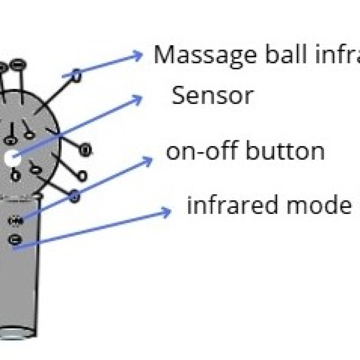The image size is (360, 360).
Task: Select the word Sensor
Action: click(x=212, y=96)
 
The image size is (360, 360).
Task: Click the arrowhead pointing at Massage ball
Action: click(x=137, y=55)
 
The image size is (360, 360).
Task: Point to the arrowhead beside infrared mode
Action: click(x=166, y=211)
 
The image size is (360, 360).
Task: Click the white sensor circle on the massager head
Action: click(x=10, y=159)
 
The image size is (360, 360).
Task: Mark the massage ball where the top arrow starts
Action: click(x=77, y=76)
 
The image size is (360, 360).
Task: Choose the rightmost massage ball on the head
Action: click(x=86, y=150)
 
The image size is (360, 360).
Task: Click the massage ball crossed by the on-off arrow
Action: click(x=75, y=195)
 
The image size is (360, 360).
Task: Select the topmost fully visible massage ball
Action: click(x=16, y=65)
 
